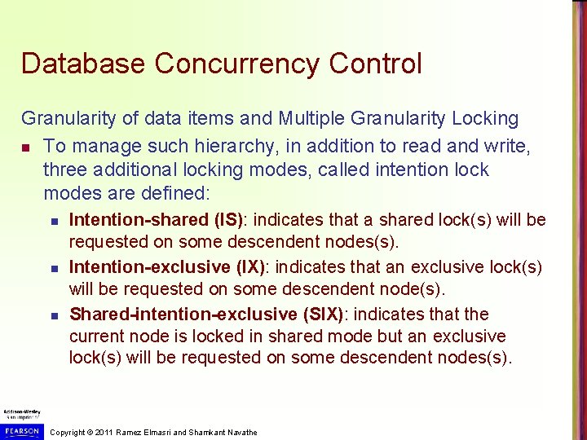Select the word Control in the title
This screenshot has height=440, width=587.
[379, 64]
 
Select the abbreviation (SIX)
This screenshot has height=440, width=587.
[321, 315]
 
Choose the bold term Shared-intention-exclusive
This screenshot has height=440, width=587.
[183, 315]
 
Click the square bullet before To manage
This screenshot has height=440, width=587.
[27, 146]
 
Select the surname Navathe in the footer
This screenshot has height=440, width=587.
[241, 432]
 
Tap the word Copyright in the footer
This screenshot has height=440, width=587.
[68, 432]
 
